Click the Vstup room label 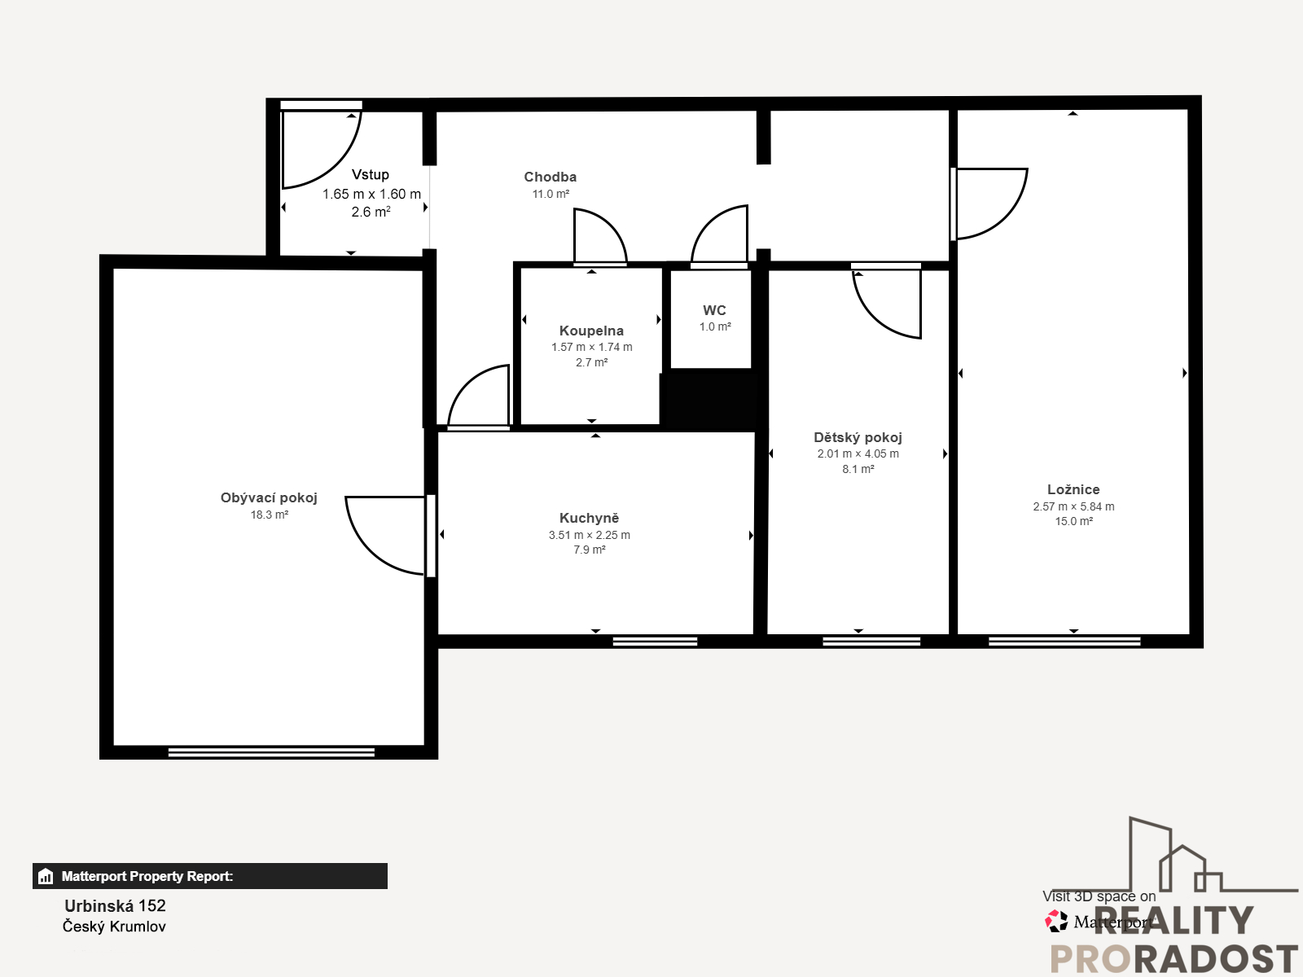[x=371, y=174]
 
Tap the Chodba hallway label [x=551, y=177]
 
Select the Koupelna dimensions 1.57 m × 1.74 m [x=592, y=347]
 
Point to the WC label [x=714, y=310]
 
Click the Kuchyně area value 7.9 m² [x=590, y=550]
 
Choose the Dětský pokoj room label [x=858, y=438]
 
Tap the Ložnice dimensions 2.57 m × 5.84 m [x=1074, y=506]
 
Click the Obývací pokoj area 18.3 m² [x=270, y=515]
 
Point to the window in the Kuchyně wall [x=655, y=642]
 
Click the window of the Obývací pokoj [x=271, y=752]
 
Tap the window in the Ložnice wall [x=1064, y=642]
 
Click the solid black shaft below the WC [x=709, y=397]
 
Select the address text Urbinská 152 [x=115, y=906]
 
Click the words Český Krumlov [x=114, y=927]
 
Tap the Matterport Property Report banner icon [x=45, y=876]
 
